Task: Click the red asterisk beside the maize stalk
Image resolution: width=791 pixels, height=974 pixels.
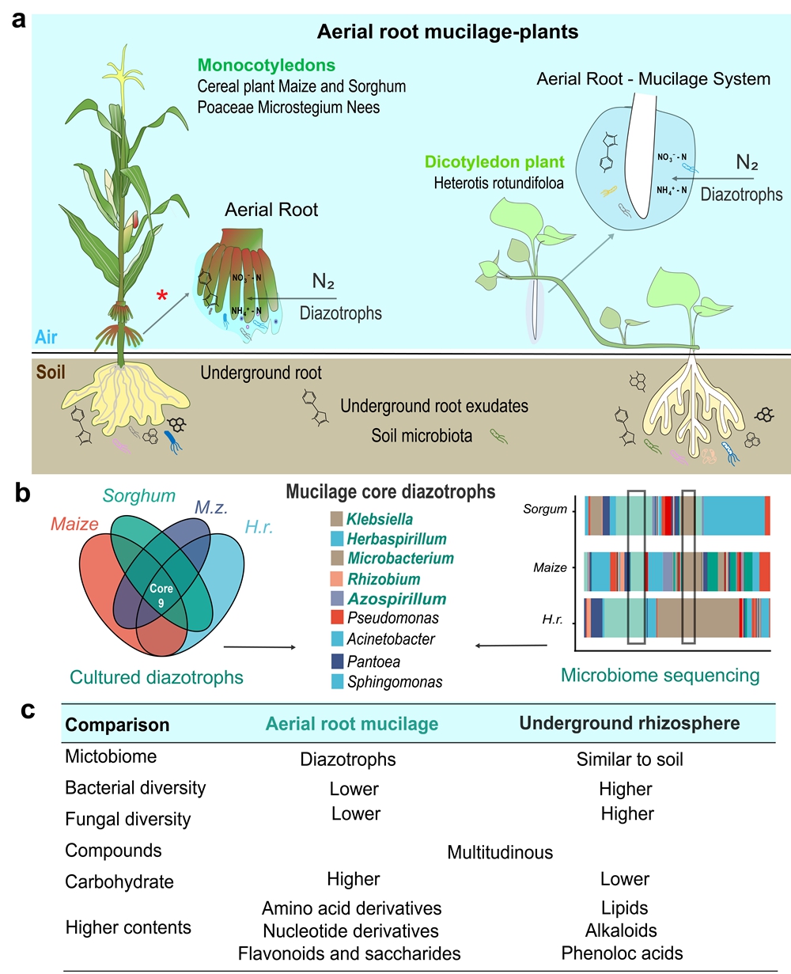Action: coord(161,295)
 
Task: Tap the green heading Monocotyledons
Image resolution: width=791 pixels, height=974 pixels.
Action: coord(266,65)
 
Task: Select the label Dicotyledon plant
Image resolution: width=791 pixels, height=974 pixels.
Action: coord(494,162)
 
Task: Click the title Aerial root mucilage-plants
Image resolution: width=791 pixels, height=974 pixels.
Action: coord(448,32)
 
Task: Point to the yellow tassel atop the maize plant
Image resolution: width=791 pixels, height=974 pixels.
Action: coord(123,73)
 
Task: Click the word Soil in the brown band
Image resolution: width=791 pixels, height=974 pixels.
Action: coord(51,372)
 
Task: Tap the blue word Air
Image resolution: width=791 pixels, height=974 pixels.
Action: coord(46,337)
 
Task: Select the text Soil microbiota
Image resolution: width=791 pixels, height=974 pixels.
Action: coord(422,435)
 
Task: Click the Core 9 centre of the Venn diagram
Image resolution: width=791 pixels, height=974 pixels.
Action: coord(161,595)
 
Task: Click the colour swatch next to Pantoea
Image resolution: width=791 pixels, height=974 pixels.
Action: coord(337,661)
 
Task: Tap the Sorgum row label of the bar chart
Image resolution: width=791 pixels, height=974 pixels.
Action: coord(545,509)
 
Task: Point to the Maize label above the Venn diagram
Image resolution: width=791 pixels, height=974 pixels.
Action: coord(74,524)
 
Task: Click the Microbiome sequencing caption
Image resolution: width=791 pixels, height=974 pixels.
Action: coord(660,675)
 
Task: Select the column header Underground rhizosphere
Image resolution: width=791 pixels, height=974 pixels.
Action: coord(629,723)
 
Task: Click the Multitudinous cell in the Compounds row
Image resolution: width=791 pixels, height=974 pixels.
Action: coord(500,852)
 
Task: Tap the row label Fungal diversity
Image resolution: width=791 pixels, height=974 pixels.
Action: coord(127,819)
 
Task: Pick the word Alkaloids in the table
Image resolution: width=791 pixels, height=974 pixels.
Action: coord(621,930)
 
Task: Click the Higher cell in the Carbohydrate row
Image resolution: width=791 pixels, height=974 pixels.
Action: coord(353,878)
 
